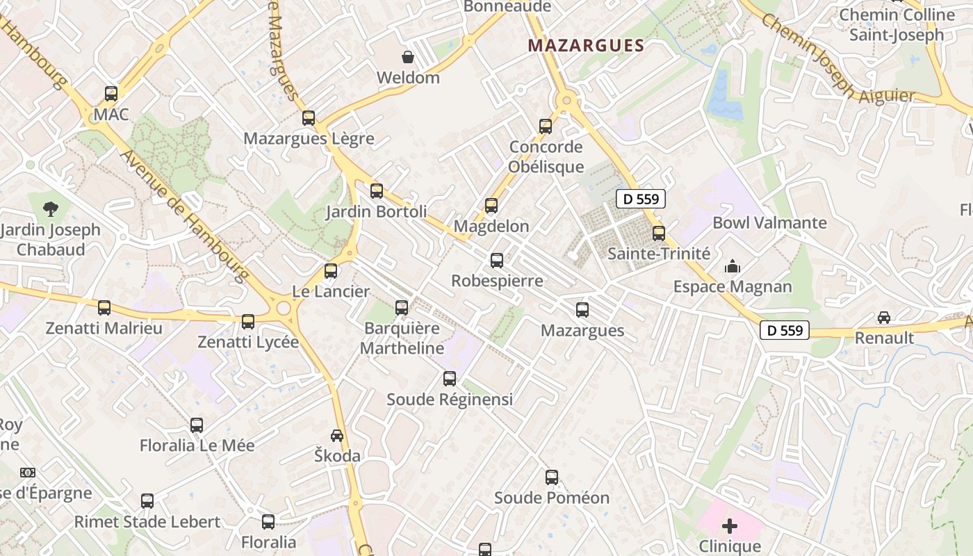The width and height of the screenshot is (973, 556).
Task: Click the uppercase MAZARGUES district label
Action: coord(586,46)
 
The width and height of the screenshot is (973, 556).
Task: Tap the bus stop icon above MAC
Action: coord(111,93)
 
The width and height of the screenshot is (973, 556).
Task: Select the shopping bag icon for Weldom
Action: coord(408,56)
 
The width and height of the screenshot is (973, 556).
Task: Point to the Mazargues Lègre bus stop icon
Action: coord(309,117)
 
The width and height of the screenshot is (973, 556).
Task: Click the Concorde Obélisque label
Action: coord(546,156)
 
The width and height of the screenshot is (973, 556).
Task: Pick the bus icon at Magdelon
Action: coord(491,205)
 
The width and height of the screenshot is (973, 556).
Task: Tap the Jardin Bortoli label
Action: coord(377,211)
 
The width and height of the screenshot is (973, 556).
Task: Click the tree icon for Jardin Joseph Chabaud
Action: coord(50,208)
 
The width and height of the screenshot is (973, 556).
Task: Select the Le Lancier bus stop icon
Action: coord(331,270)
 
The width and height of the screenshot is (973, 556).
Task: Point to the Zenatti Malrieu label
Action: coord(104,328)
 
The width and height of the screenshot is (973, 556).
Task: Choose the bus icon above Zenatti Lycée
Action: coord(248,321)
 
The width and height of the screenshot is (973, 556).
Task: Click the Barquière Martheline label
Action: coord(402,338)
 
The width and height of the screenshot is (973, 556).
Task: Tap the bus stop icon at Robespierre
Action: coord(497,260)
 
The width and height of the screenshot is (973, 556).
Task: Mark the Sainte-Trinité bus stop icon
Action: coord(659,233)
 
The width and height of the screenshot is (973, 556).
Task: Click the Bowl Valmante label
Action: coord(769,223)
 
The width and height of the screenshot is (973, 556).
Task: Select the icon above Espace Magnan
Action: coord(733,266)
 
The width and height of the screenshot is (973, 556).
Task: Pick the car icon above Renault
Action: coord(884,317)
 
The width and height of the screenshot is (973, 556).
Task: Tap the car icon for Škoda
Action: coord(337,435)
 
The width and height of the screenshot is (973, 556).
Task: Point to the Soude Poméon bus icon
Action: coord(552,477)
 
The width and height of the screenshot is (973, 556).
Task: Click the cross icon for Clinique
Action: coord(730,525)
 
